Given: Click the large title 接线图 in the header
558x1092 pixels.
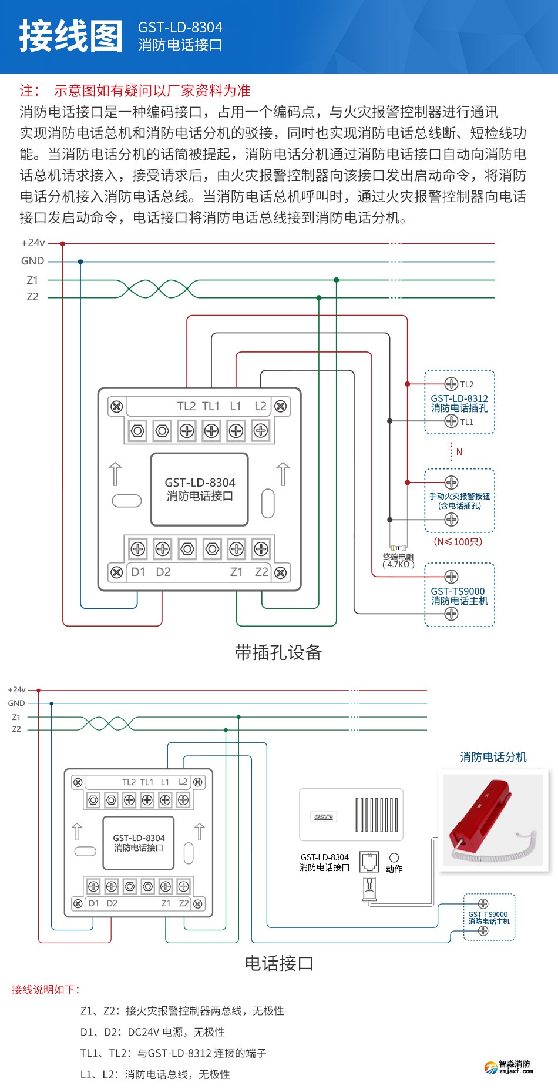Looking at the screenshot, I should pos(71,36).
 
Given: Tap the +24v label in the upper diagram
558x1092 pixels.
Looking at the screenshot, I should pos(33,243).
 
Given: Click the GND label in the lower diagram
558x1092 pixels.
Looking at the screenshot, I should pos(16,703).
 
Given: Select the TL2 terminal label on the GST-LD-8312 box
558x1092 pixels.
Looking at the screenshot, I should pos(467,384).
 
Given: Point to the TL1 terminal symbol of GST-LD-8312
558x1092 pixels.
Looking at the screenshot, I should pos(451,421).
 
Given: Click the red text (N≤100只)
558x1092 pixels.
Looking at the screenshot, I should pos(458,541).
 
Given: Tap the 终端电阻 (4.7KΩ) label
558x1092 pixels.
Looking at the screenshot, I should pos(398,560).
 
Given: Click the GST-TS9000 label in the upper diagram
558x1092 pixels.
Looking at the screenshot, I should pos(458,591).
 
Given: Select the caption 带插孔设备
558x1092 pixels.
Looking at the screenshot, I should pos(278,652).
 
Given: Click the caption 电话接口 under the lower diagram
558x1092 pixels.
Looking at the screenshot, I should pos(278,963).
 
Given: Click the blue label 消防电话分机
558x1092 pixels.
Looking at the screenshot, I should pos(493,757).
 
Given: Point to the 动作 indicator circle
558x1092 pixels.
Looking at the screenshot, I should pos(394,858).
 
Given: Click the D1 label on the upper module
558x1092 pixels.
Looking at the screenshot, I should pos(138,572).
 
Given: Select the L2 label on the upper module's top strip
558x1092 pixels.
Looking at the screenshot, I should pos(260,406).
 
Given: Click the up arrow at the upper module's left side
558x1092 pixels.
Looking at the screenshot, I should pos(116,474).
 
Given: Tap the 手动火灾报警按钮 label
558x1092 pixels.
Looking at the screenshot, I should pos(459,496).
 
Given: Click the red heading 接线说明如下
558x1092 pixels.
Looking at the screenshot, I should pos(45,990).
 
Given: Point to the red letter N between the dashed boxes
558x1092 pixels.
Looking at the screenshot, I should pos(459,452).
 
